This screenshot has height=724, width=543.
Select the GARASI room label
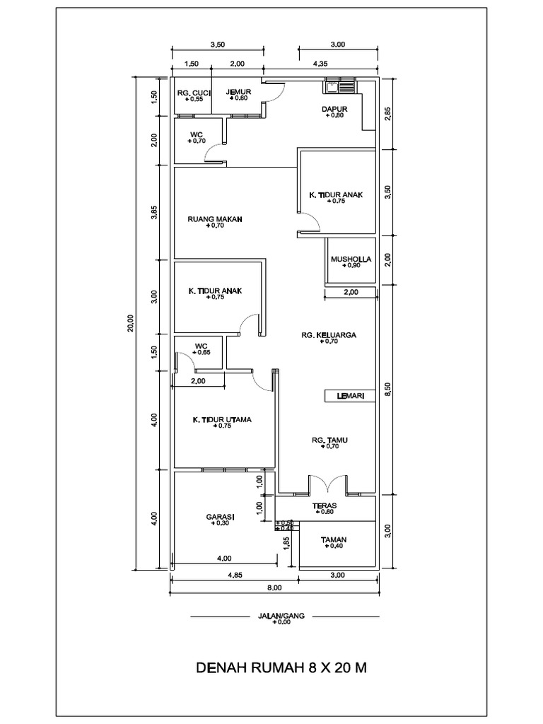(x=220, y=517)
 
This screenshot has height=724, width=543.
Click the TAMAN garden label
(x=333, y=539)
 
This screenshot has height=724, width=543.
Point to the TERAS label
(x=325, y=506)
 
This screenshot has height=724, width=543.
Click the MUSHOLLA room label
(x=350, y=259)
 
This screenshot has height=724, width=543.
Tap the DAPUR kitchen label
(x=333, y=109)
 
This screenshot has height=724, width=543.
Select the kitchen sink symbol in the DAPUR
(x=341, y=88)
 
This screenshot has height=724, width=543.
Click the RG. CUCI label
(x=191, y=92)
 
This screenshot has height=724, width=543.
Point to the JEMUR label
(x=238, y=92)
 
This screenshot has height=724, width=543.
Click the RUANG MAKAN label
(x=215, y=219)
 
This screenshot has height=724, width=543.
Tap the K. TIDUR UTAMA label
(x=222, y=419)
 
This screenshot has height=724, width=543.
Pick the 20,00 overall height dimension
(x=129, y=322)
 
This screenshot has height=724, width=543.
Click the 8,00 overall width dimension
(x=274, y=588)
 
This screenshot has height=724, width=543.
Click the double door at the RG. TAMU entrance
(x=327, y=484)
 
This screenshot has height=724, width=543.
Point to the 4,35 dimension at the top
(x=321, y=64)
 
